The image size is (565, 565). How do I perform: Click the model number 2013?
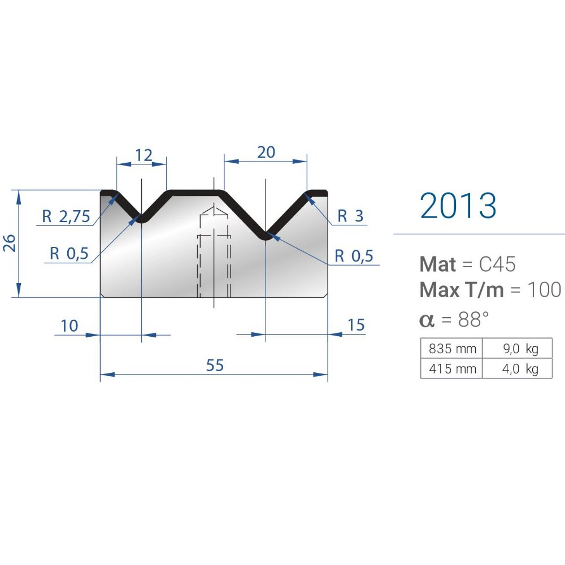point(458,206)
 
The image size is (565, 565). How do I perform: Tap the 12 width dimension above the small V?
point(144,155)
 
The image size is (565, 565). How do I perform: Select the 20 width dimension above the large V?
point(266,153)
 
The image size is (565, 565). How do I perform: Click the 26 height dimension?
point(10,243)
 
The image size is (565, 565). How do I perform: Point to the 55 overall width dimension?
point(215,365)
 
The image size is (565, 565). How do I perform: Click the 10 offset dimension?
point(69,326)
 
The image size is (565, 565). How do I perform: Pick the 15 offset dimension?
point(356,325)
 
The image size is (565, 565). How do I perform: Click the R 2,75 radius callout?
point(66,216)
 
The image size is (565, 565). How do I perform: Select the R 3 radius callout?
point(350,216)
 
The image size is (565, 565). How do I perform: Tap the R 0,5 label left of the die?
point(69,253)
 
